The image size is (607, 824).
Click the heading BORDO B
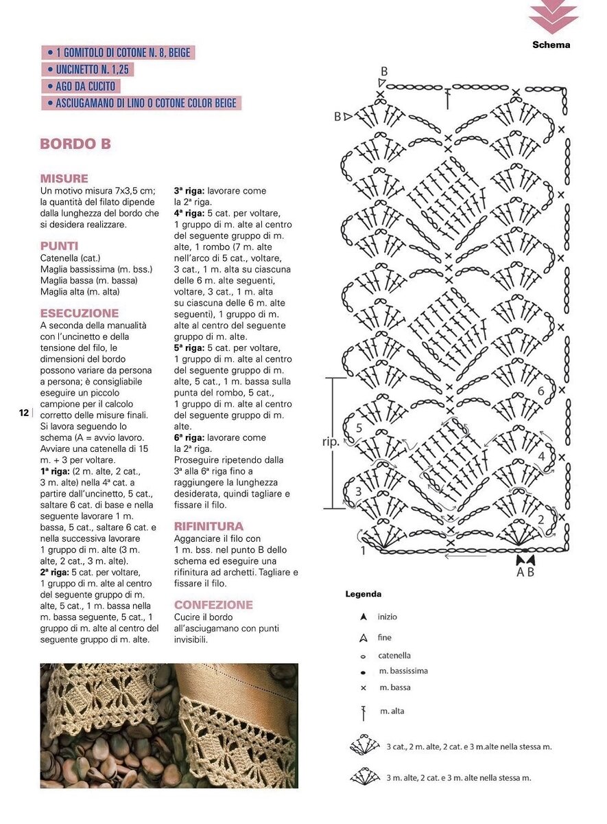point(75,144)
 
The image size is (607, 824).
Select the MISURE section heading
point(64,179)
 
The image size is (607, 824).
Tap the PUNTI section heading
point(59,245)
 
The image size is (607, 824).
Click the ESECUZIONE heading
point(80,313)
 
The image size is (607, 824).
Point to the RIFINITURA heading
point(209,526)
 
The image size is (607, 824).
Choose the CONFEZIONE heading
point(213,605)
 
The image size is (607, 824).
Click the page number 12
point(24,413)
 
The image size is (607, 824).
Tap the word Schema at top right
point(551,45)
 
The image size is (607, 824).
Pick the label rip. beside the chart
point(331,442)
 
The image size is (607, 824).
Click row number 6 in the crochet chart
point(540,391)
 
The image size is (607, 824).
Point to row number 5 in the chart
point(359,428)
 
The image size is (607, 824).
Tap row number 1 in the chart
point(363,550)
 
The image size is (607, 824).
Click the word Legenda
point(363,594)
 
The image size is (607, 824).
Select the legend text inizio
point(387,617)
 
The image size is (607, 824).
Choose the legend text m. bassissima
point(403,671)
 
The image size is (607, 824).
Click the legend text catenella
point(394,656)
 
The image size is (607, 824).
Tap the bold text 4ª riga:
point(189,213)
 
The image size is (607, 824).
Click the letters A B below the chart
point(525,571)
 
